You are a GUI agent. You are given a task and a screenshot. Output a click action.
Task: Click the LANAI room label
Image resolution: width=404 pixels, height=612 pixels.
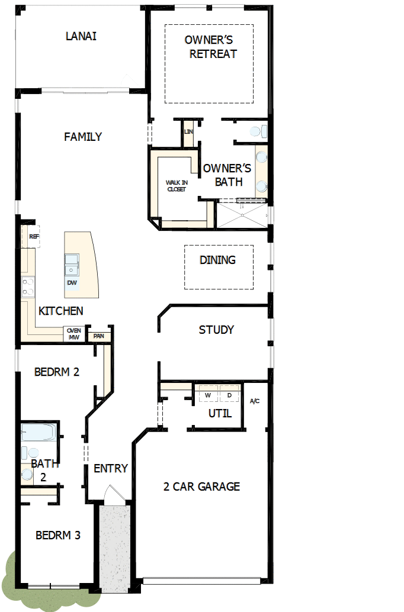(81, 36)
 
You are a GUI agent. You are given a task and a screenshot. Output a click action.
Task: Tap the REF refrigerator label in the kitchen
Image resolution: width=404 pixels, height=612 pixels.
(33, 236)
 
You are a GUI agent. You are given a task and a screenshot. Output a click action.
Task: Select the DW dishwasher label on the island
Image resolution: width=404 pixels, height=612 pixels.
(72, 283)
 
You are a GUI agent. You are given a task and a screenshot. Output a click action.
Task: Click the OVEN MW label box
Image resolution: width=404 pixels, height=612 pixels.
(73, 334)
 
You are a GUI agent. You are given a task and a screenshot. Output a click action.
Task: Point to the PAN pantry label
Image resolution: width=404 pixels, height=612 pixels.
(98, 336)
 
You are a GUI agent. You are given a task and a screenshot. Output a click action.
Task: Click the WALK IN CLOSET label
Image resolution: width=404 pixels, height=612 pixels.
(176, 186)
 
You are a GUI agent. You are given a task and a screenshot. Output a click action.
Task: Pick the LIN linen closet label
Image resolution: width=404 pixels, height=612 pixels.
(189, 132)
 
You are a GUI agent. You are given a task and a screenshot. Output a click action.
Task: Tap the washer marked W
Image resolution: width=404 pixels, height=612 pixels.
(208, 395)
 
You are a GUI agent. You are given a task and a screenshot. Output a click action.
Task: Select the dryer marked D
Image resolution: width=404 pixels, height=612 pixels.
(229, 395)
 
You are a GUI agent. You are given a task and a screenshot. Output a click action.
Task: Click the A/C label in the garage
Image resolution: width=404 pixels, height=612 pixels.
(255, 401)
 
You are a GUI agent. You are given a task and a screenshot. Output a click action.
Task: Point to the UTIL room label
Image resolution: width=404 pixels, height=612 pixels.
(220, 413)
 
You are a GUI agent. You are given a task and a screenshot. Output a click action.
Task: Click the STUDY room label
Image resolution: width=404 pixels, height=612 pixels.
(216, 330)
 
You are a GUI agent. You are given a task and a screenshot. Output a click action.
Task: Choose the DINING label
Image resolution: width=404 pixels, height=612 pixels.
(217, 260)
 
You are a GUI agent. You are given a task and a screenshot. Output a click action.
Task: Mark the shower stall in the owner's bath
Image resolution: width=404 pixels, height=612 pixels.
(242, 215)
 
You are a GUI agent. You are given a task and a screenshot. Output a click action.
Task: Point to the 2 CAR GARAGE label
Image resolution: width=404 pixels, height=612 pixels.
(201, 487)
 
